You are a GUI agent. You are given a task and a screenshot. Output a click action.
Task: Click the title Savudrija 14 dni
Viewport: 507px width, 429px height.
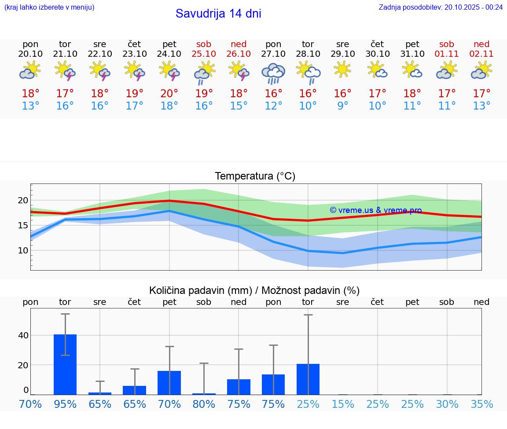(218, 14)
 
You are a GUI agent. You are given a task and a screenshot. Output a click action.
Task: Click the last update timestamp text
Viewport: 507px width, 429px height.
(441, 7)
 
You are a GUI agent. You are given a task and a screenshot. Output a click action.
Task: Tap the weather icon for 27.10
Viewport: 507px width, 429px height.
(273, 73)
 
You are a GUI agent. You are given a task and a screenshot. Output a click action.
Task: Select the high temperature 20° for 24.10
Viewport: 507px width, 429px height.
(169, 93)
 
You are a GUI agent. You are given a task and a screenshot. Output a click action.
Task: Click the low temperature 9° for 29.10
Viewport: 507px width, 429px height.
(342, 106)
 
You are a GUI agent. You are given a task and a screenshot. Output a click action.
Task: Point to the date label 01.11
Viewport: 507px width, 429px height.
(447, 54)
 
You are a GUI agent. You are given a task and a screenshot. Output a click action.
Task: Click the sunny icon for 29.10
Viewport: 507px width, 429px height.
(342, 69)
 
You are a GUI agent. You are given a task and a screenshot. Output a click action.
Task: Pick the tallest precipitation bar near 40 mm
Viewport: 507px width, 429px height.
(65, 364)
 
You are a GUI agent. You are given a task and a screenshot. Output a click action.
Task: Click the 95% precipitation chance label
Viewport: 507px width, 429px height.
(65, 404)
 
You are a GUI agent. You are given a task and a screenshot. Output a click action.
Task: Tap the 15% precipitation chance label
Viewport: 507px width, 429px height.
(342, 404)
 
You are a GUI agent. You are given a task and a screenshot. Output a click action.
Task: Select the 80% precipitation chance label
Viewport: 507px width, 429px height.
(204, 404)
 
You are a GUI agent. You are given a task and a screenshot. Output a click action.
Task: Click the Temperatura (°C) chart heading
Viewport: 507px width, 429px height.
(255, 176)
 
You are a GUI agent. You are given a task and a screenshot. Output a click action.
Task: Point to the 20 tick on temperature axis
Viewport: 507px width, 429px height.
(23, 201)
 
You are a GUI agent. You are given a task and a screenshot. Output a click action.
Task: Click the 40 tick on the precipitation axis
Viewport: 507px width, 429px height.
(23, 335)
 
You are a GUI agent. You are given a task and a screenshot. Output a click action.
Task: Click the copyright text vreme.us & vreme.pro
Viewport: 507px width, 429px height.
(376, 210)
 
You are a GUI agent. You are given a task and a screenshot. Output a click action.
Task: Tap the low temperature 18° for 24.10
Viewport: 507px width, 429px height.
(169, 106)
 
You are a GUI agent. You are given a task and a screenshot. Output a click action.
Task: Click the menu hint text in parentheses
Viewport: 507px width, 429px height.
(49, 7)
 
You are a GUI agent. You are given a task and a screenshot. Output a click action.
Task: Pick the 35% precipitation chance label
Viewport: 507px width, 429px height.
(481, 404)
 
